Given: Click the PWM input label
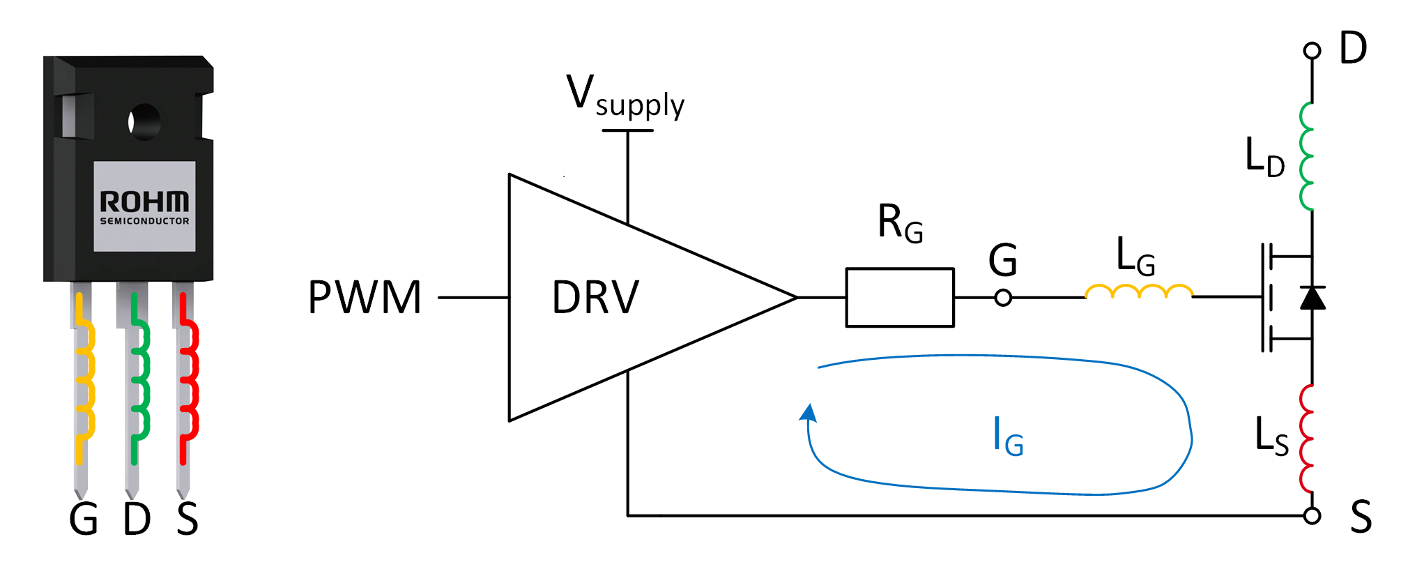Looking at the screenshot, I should coord(365,298).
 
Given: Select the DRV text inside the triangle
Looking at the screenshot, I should coord(595,298).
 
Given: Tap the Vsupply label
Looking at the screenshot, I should coord(625,98).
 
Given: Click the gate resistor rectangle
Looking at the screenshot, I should coord(899,297).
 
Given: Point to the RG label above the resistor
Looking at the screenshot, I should coord(900,224).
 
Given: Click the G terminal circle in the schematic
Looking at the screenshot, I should coord(1003,298).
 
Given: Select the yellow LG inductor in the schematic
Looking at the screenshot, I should coord(1139,291).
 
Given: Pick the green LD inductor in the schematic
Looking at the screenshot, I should coord(1307,157).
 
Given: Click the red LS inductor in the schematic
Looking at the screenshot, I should coord(1307,439).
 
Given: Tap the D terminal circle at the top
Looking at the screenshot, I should coord(1312,51).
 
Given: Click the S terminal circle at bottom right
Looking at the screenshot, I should coord(1312,516).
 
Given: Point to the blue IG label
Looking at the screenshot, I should coord(1007,437).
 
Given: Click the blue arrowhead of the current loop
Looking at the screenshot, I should coord(809,413).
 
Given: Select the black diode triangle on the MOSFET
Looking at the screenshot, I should coord(1312,298).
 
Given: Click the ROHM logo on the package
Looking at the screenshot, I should coord(144,202).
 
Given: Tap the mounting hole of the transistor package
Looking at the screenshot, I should coord(144,122).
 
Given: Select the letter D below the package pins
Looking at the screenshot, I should coord(137,520).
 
